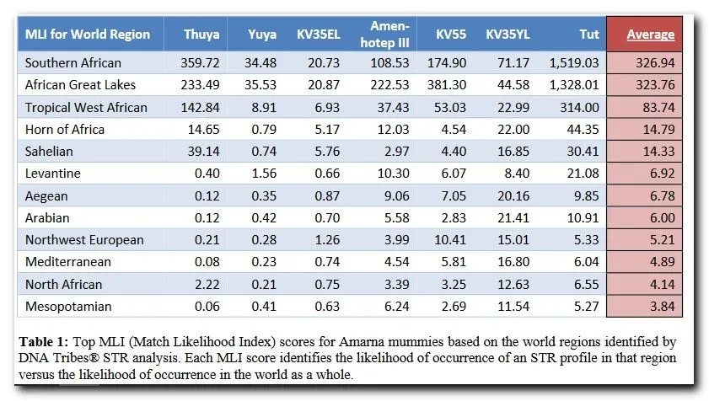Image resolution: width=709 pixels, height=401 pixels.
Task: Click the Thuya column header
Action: point(201,35)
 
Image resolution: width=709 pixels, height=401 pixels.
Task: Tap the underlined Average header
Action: point(650,35)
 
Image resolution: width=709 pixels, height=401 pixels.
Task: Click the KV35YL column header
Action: point(508,35)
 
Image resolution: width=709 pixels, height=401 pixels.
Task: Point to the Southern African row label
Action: point(73,63)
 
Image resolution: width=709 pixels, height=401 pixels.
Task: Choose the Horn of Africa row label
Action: point(65,129)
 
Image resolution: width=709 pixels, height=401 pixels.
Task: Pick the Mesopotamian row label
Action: point(68,307)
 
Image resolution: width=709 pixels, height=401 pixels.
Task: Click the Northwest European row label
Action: point(84,240)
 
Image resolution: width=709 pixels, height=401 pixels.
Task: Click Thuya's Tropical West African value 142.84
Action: point(201,107)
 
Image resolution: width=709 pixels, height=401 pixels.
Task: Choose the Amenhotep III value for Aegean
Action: point(395,195)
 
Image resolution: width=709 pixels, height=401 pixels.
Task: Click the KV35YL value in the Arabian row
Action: point(512,217)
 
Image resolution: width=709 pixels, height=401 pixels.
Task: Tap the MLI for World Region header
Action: point(88,35)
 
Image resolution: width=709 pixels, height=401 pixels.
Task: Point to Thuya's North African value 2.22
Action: point(207,285)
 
